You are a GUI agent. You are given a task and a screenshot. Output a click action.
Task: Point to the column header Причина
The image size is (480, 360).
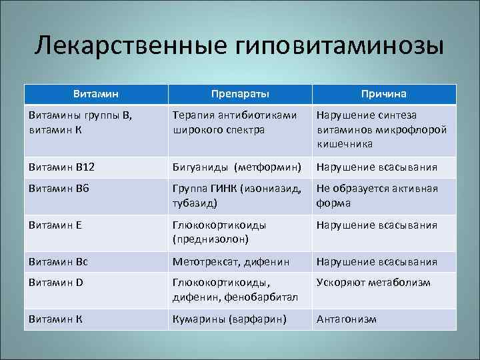coord(384,94)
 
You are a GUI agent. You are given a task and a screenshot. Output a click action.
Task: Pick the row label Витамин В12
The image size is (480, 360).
coord(57,167)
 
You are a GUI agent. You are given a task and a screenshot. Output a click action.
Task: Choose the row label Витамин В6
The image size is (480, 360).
coord(55,189)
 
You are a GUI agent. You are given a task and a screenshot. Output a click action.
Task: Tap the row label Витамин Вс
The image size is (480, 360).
coord(55,261)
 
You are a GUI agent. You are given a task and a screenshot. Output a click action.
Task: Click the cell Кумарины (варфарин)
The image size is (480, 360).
coord(229,319)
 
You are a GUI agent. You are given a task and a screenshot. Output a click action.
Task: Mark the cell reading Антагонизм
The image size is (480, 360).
coord(347,319)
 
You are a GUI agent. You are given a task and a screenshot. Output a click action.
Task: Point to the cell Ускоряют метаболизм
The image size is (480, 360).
coord(373,283)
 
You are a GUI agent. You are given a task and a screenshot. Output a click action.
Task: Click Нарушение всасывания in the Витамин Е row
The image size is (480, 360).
coord(377,225)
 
